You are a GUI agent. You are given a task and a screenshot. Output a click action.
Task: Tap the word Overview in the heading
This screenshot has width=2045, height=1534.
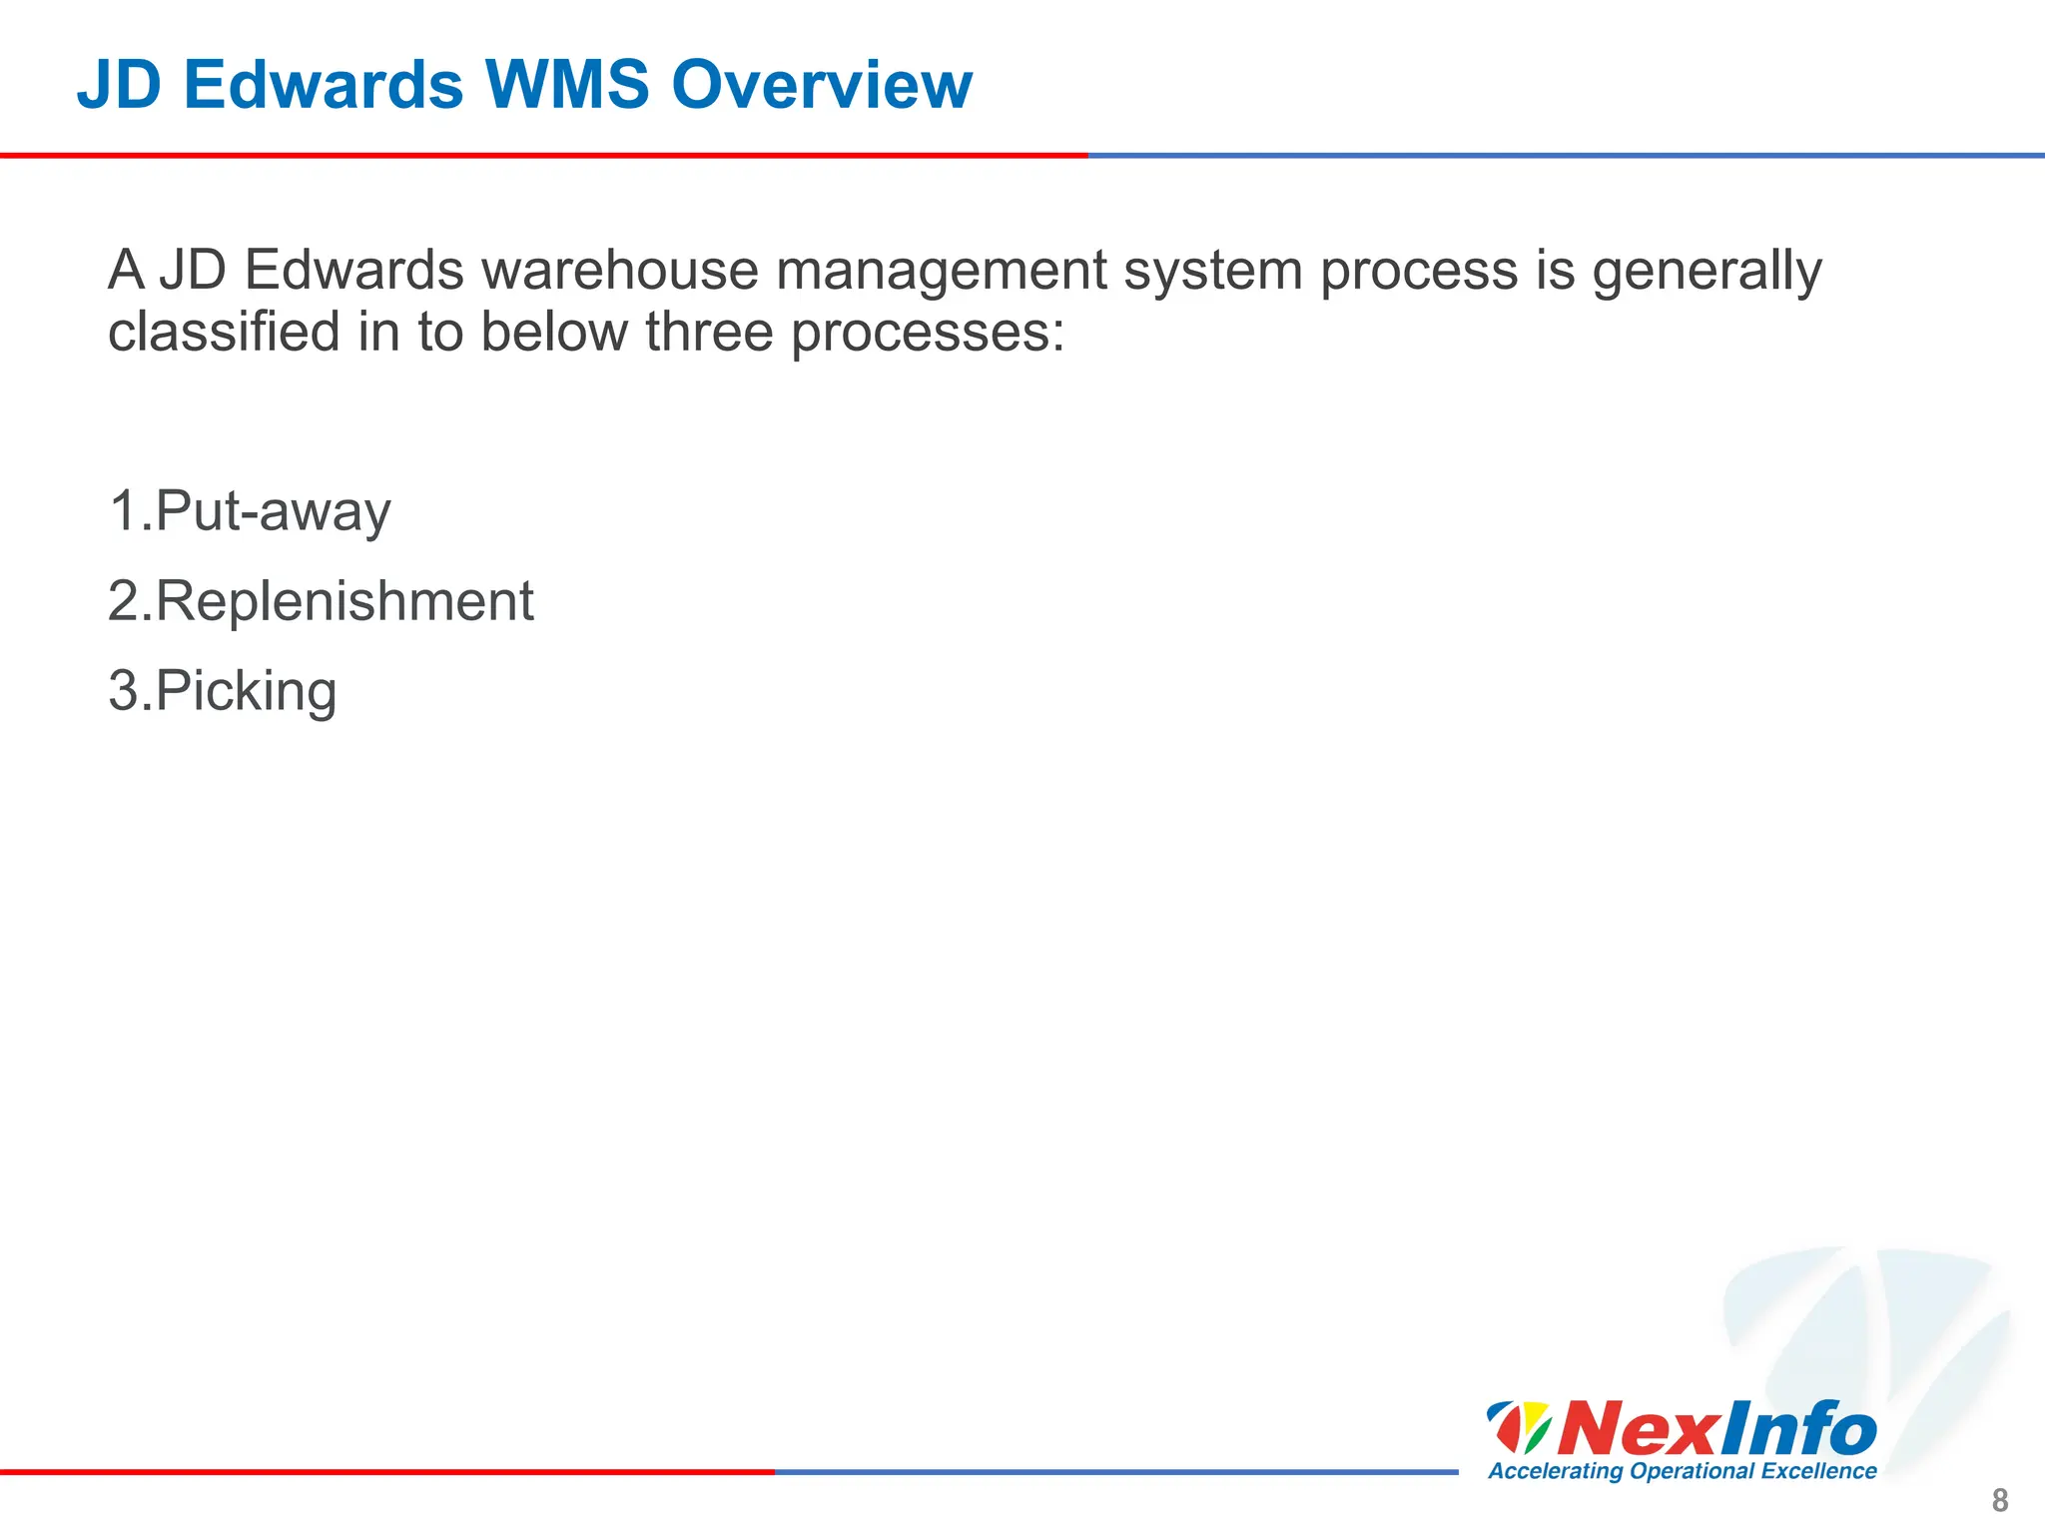[821, 85]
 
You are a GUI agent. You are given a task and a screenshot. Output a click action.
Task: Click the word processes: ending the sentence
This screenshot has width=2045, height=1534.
[928, 334]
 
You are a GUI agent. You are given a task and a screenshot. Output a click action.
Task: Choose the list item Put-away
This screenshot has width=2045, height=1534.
[272, 512]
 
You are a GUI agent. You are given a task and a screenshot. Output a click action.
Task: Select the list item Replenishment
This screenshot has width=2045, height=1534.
[343, 602]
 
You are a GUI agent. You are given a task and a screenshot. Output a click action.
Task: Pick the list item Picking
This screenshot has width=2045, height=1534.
[246, 692]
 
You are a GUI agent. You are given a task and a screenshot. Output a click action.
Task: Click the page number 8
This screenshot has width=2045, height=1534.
[1999, 1500]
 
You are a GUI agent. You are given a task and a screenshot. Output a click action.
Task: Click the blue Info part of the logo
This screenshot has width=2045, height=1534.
[1797, 1429]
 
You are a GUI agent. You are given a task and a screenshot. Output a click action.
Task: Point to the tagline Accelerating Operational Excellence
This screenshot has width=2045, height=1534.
[1682, 1471]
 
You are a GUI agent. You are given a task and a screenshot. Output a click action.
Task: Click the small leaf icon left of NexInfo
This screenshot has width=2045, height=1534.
[1518, 1427]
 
